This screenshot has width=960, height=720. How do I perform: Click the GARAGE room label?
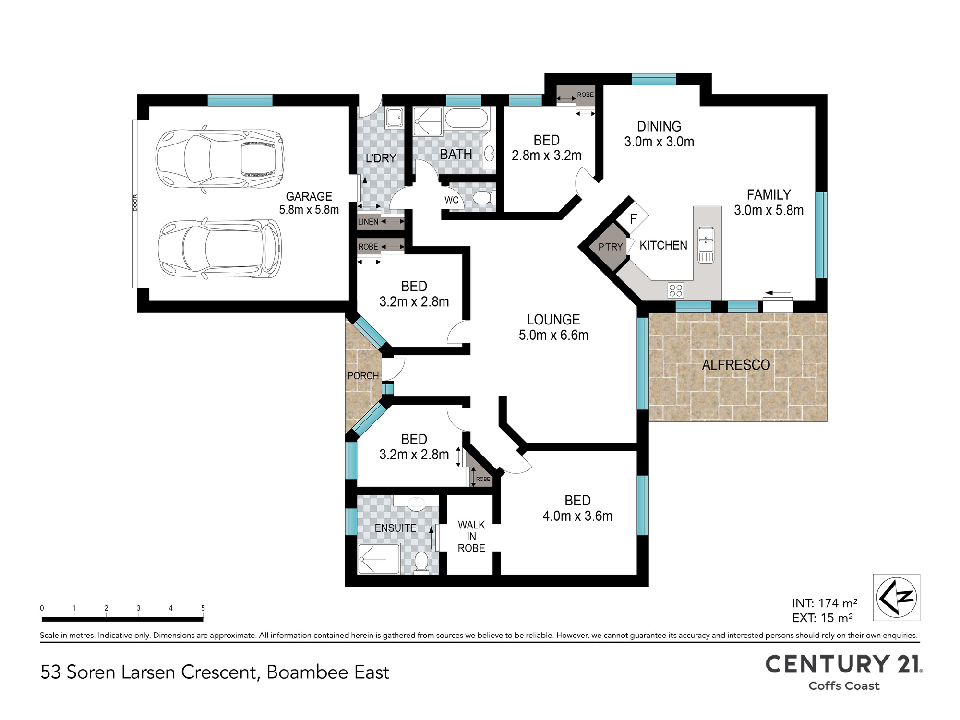point(309,197)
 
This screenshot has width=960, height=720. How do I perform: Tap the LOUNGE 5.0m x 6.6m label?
point(553,327)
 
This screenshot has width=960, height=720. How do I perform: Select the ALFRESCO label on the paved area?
point(736,365)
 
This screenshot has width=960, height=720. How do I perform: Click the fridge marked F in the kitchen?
point(633,219)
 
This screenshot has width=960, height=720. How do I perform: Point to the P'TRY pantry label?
point(610,247)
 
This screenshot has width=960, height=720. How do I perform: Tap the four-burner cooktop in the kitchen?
point(676,290)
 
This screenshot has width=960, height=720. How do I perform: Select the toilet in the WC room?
point(482,198)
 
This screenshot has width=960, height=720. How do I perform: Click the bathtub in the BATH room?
point(466,118)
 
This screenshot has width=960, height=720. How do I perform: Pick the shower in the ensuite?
point(379,558)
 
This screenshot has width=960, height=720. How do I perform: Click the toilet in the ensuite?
point(421,562)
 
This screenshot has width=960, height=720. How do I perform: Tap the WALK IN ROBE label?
point(471,537)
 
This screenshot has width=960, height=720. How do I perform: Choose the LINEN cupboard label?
point(368,222)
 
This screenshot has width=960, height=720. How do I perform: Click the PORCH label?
point(363,376)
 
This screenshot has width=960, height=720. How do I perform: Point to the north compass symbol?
point(896,598)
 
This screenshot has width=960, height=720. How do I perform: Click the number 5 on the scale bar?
point(203,608)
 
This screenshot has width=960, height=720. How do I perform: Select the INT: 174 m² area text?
point(825,603)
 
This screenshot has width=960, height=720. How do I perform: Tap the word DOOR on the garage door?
point(135,203)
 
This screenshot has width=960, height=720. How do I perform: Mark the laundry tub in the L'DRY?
point(395,118)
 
